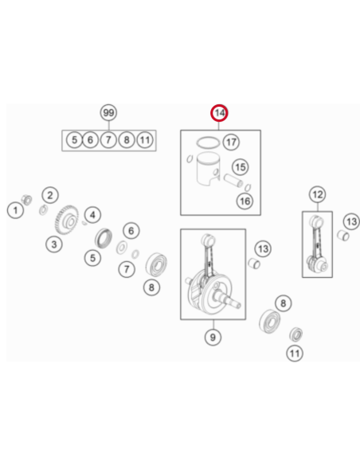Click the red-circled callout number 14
point(219,113)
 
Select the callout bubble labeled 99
point(108,112)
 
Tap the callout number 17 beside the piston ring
point(231,142)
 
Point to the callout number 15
point(241,167)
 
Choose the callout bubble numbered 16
point(245,201)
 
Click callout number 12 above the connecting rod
point(318,194)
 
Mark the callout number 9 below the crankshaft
point(213,337)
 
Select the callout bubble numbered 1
point(15,210)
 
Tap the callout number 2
point(50,195)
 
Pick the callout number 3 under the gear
point(54,244)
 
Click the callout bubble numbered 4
point(92,215)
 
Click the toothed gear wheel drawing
point(66,220)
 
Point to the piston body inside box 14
point(208,170)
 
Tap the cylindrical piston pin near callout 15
point(233,180)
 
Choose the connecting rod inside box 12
point(317,244)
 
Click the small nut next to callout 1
point(27,200)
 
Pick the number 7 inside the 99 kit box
point(108,139)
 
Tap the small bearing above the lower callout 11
point(296,334)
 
